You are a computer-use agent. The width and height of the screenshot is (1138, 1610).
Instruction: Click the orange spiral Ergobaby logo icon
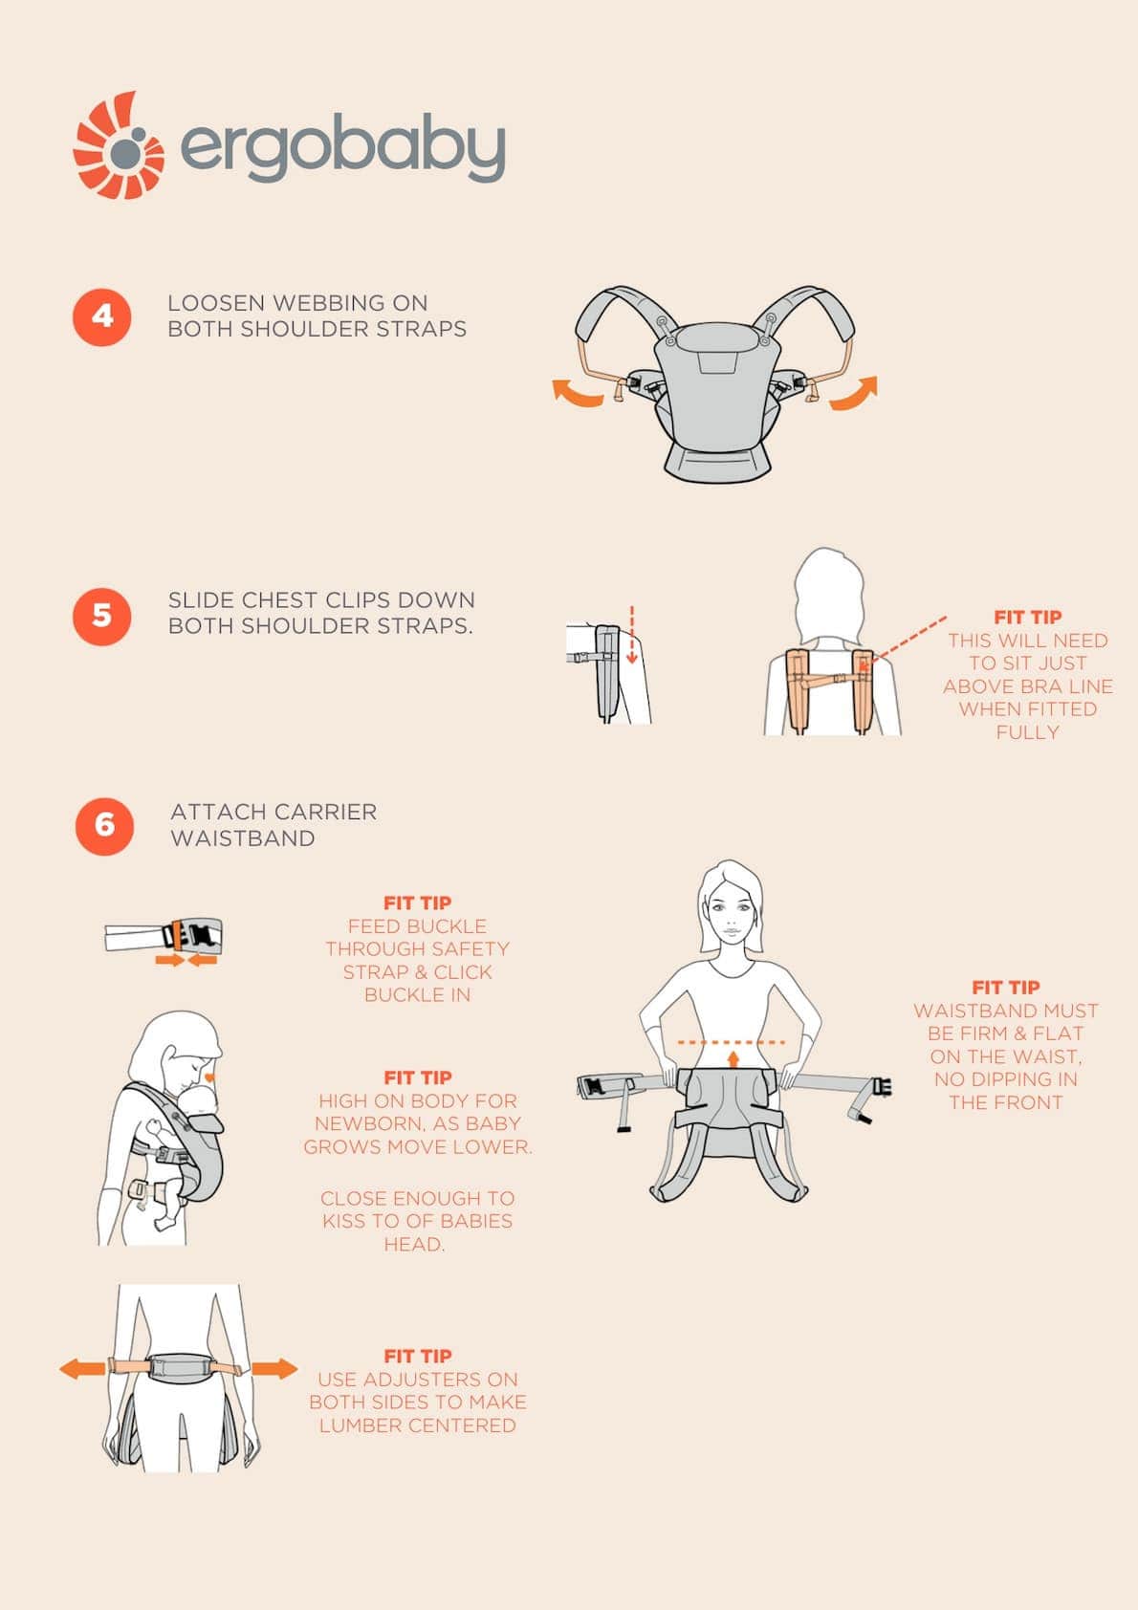click(x=119, y=145)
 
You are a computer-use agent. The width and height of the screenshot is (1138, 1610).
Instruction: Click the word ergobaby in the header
click(x=343, y=148)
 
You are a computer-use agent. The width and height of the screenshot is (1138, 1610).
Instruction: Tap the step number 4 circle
click(x=102, y=317)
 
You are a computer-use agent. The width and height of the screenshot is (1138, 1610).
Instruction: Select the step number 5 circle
click(x=102, y=616)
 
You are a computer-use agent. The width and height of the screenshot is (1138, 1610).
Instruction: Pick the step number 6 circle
click(x=105, y=826)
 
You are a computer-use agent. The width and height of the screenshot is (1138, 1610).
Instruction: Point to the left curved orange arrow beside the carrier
click(x=577, y=393)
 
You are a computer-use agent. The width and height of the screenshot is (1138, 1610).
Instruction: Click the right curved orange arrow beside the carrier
click(x=854, y=393)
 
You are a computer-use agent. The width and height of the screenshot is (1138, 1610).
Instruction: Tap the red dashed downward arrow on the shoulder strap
click(x=632, y=635)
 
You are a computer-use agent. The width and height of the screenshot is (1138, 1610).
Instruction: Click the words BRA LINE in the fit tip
click(x=1071, y=686)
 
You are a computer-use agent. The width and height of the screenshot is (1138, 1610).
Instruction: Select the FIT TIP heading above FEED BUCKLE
click(x=418, y=903)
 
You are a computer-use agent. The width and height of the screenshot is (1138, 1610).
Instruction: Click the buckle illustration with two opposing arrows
click(x=164, y=940)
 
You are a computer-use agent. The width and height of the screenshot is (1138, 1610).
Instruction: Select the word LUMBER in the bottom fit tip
click(x=354, y=1425)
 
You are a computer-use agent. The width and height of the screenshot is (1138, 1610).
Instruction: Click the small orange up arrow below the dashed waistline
click(x=733, y=1058)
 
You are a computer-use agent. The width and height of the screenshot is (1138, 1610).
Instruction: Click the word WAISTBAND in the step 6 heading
click(x=243, y=838)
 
